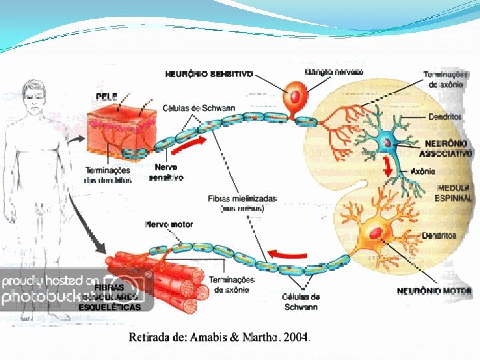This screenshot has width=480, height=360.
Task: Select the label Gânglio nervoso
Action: click(x=334, y=71)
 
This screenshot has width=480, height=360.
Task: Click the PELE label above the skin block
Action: click(x=107, y=97)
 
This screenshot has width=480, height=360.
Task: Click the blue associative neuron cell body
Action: click(x=386, y=143)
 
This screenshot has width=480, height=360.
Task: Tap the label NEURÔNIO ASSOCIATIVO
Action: click(x=448, y=148)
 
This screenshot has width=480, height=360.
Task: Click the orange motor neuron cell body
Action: click(x=377, y=233)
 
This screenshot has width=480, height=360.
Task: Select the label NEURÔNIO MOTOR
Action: click(x=434, y=291)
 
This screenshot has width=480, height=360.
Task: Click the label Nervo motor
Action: click(x=169, y=225)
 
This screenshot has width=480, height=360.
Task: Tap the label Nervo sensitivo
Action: click(x=166, y=173)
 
